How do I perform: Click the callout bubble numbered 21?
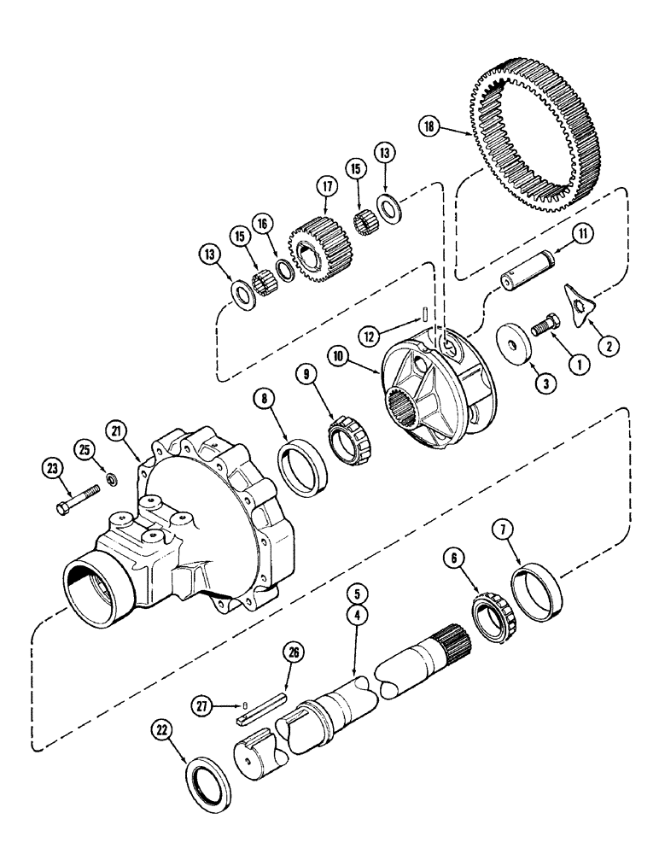pos(118,432)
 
